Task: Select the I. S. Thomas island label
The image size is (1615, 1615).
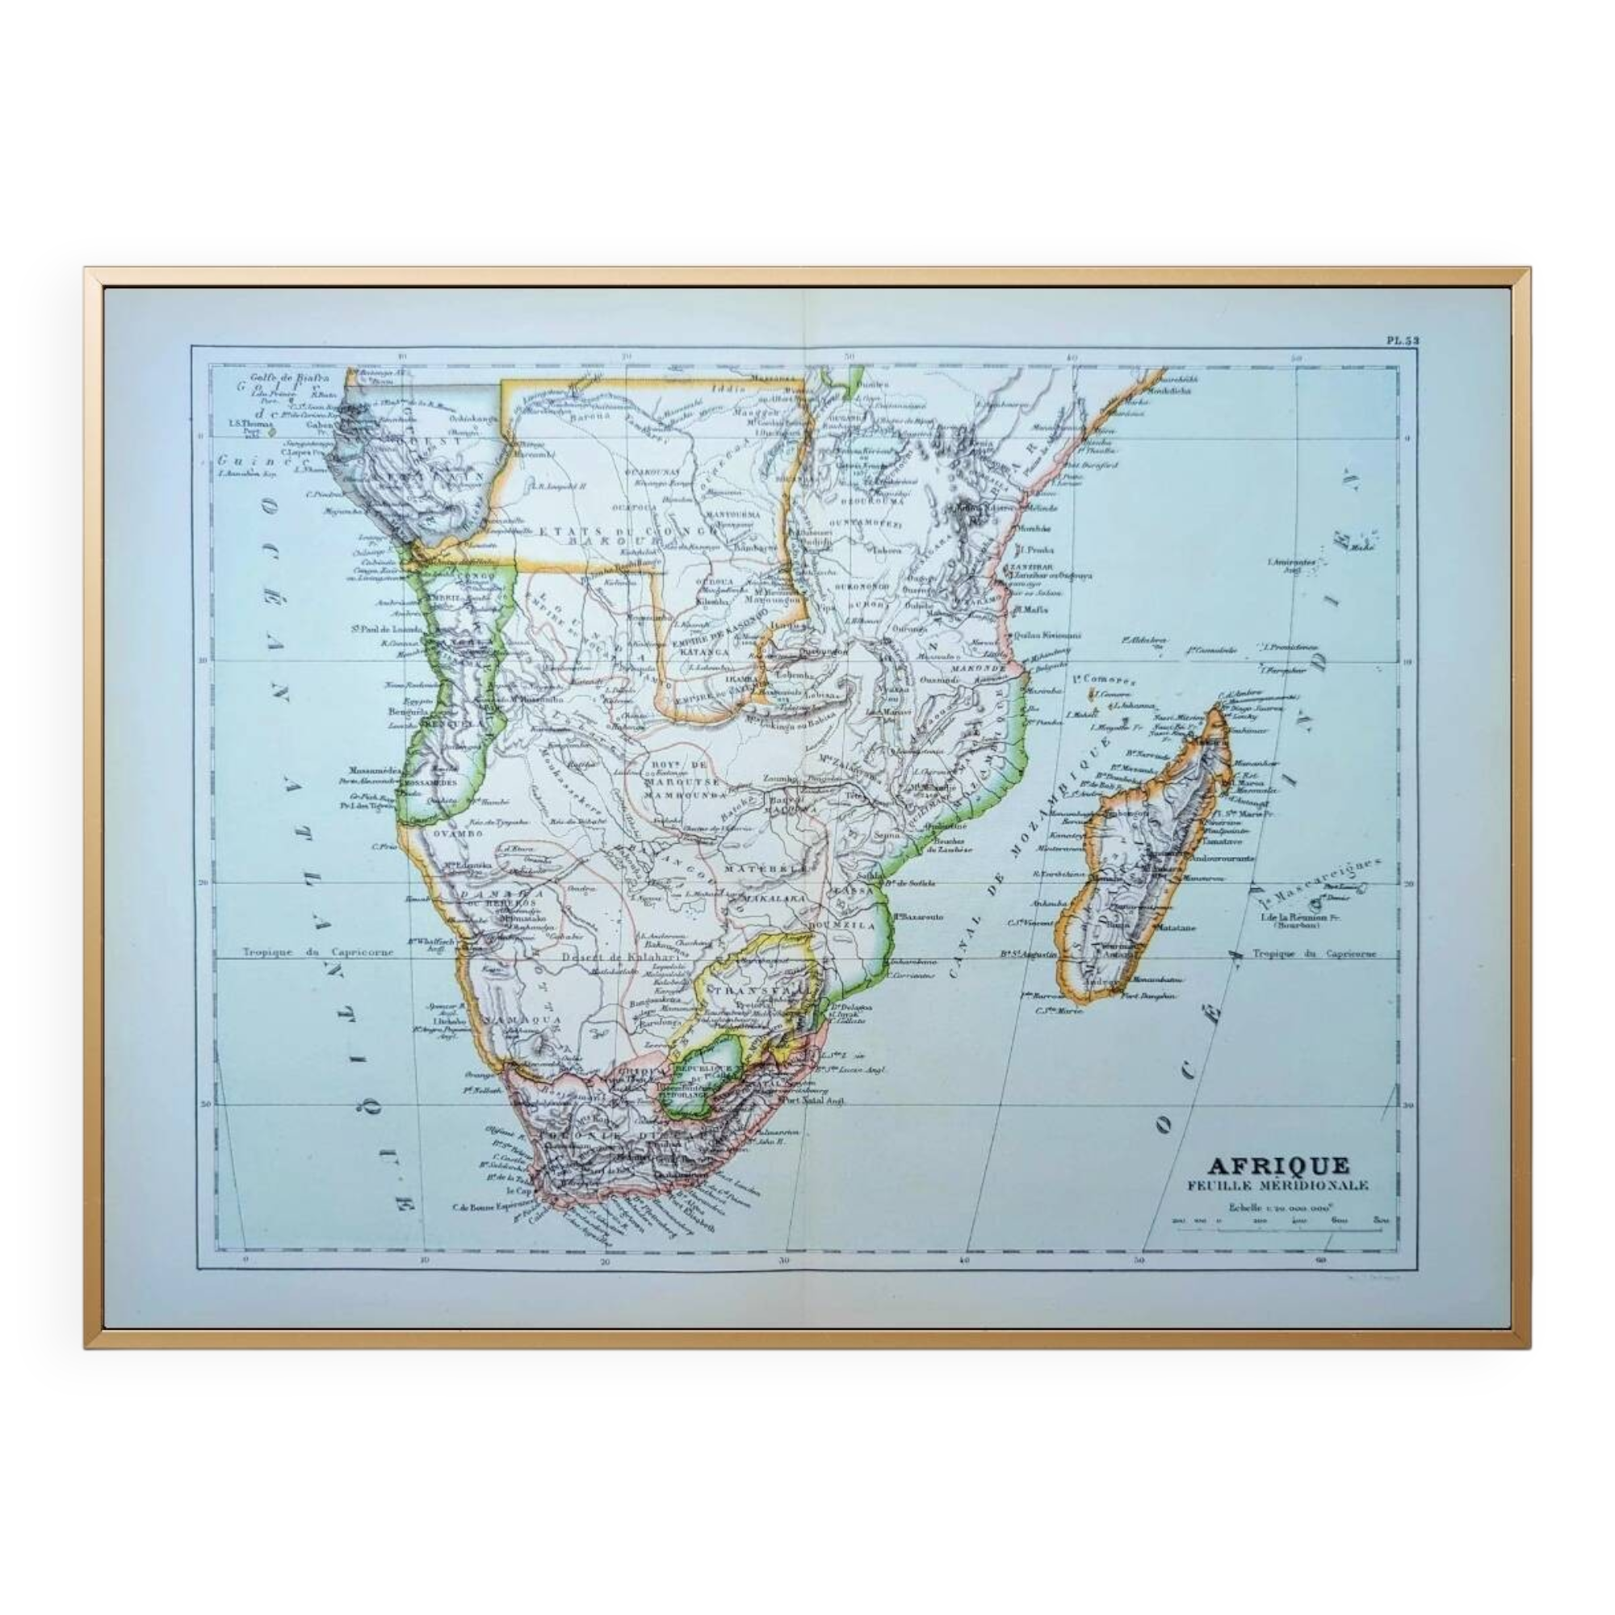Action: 250,423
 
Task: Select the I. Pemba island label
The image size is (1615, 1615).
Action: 1034,550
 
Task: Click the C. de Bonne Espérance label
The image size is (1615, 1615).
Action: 493,1206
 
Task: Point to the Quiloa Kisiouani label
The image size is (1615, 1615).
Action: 1046,635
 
